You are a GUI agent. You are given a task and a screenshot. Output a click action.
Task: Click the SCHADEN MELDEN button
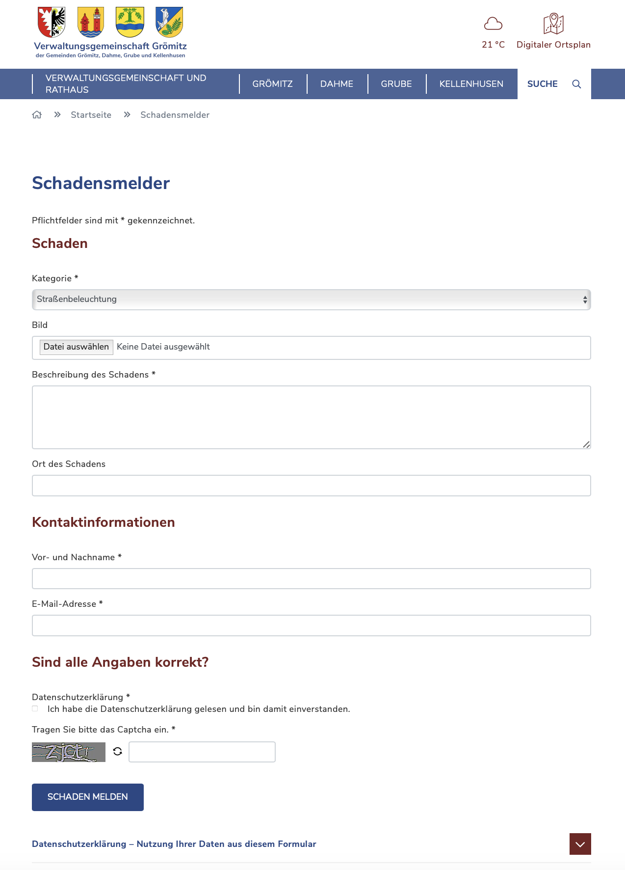tap(87, 797)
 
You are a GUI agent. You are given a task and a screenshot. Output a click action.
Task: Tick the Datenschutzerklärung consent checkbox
tap(35, 708)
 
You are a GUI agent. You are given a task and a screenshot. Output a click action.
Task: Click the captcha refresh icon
tap(117, 751)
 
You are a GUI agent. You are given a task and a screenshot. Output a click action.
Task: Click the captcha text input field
tap(202, 752)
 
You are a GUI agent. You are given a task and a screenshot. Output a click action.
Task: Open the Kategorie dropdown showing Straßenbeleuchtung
tap(311, 299)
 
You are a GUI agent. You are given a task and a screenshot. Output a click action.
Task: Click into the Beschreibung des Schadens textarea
tap(311, 417)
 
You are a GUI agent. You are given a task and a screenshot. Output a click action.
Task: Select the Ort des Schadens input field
tap(311, 486)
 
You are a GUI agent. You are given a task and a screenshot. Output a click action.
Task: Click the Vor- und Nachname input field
tap(311, 578)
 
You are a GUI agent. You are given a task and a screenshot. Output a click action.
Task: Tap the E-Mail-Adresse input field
tap(311, 625)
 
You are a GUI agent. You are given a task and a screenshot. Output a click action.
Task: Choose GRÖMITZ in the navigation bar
tap(272, 84)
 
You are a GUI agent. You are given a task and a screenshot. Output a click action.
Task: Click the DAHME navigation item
tap(337, 84)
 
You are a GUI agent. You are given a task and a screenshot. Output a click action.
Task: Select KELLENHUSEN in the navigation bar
tap(471, 84)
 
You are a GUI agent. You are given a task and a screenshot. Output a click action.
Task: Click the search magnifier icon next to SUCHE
tap(576, 84)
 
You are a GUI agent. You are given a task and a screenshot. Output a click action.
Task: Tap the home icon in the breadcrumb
tap(37, 115)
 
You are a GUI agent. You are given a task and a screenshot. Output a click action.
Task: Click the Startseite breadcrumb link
tap(91, 115)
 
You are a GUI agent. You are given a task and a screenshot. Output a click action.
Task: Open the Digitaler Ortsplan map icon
tap(553, 24)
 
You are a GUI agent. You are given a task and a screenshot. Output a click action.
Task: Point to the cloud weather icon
tap(493, 24)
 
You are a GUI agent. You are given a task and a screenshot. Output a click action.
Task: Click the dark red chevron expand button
tap(580, 844)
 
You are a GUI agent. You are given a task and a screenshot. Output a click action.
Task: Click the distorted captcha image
tap(69, 752)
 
